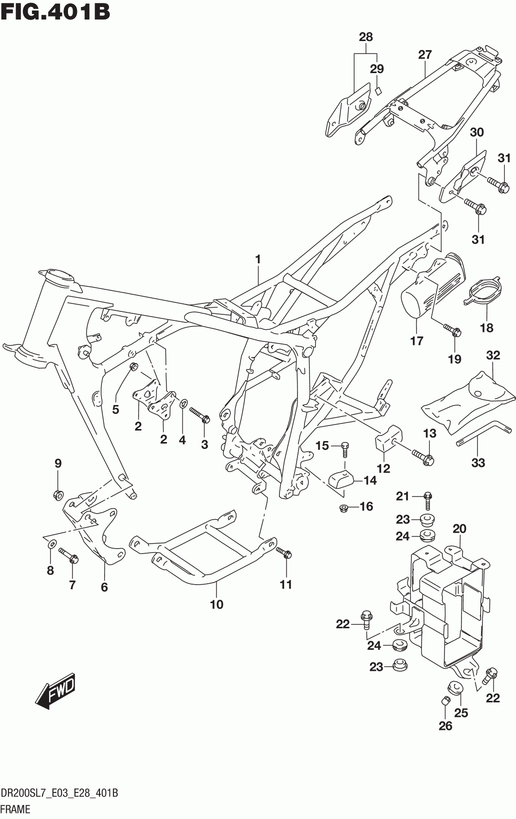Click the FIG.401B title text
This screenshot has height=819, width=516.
(55, 12)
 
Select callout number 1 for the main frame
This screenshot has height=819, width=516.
(258, 260)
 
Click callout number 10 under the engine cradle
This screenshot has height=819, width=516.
(216, 604)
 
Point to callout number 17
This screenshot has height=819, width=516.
(416, 341)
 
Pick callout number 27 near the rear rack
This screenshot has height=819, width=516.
(425, 55)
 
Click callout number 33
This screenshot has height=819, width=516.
(478, 463)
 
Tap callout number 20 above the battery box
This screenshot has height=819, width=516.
(460, 529)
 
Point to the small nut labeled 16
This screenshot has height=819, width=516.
(343, 508)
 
